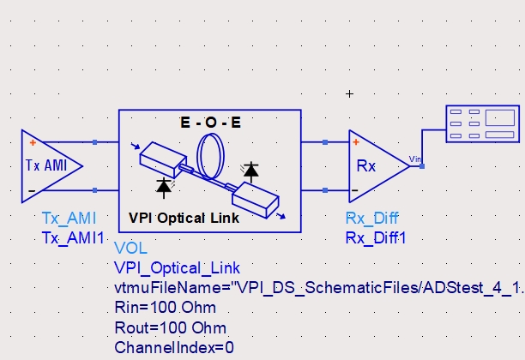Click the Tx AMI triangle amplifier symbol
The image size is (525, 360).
pyautogui.click(x=50, y=165)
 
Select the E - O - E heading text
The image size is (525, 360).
pyautogui.click(x=210, y=123)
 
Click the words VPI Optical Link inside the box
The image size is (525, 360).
pyautogui.click(x=184, y=218)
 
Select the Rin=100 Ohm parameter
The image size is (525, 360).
pyautogui.click(x=165, y=307)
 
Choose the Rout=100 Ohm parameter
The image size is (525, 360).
pyautogui.click(x=169, y=327)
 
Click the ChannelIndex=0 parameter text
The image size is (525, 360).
pyautogui.click(x=173, y=347)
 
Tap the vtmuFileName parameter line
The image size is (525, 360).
pyautogui.click(x=318, y=287)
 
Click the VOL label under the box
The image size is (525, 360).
pyautogui.click(x=130, y=249)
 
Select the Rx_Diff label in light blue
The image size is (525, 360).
pyautogui.click(x=371, y=218)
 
